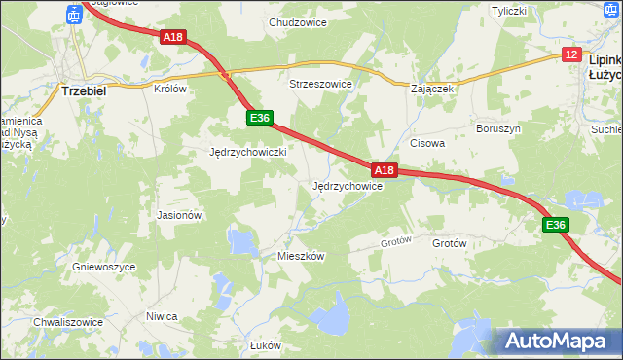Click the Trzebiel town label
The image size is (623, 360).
pos(83,89)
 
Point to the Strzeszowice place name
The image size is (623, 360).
pos(320,84)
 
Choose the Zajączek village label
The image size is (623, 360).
pos(433,88)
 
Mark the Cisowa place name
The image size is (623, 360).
pos(427,142)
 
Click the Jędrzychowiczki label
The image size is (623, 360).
pos(248,152)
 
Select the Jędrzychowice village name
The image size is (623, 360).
pos(347,185)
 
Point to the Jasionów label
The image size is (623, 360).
pos(178,215)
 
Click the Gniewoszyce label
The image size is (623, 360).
pos(103,266)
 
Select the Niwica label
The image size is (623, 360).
pos(162,316)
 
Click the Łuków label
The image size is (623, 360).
pos(265,345)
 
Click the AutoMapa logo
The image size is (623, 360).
pos(558,341)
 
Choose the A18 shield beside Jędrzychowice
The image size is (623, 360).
pos(385,170)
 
